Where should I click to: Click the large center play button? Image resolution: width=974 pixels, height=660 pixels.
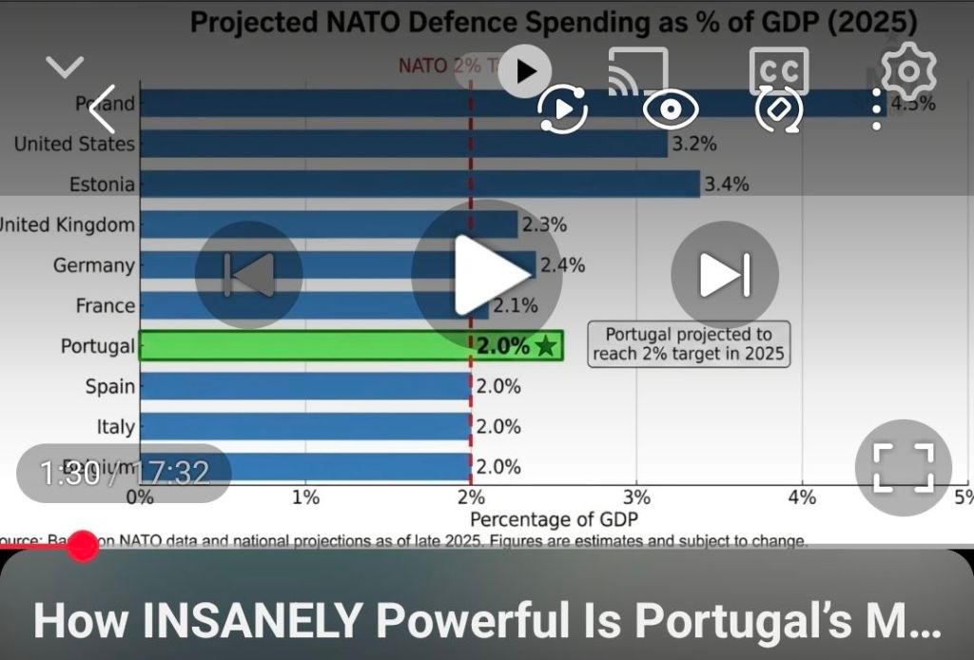click(473, 274)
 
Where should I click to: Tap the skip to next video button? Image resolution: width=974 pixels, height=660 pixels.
click(725, 274)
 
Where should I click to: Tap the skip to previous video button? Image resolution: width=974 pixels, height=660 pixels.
click(249, 274)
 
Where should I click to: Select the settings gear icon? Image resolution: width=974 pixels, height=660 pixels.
click(908, 69)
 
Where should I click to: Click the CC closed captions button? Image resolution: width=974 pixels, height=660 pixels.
click(779, 71)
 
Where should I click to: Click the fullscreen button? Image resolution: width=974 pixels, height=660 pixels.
click(903, 467)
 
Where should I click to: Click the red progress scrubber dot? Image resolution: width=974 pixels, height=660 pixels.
click(84, 545)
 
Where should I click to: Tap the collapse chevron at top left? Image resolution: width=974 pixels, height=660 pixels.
click(65, 68)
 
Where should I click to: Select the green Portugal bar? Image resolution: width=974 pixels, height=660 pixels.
click(304, 346)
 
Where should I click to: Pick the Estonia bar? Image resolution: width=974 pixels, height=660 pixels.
click(419, 184)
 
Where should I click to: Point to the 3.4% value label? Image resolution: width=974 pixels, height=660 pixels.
click(727, 184)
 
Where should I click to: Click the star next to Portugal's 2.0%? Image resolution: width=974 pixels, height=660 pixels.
click(546, 346)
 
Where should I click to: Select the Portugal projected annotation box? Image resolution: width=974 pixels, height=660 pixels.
click(689, 344)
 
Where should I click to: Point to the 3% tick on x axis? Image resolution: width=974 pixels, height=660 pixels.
click(636, 497)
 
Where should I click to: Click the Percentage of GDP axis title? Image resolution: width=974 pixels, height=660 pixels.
click(554, 519)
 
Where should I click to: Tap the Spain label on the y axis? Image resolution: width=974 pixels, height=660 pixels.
click(109, 386)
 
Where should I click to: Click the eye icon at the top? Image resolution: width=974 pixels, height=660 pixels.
click(671, 110)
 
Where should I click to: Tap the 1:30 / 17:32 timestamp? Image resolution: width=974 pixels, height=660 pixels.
click(124, 473)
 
